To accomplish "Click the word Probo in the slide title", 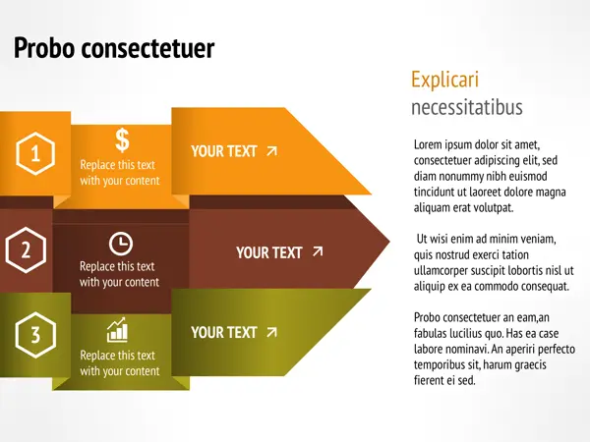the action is pos(44,48).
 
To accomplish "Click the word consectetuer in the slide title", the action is pos(147,49).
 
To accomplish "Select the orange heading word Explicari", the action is pos(444,80).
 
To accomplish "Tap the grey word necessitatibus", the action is pos(466,107).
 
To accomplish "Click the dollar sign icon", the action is pos(122,140).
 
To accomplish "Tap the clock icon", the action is pos(121,244).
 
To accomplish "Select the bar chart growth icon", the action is pos(117,330).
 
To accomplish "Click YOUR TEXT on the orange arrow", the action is pos(224,151).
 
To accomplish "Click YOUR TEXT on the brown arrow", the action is pos(269,253).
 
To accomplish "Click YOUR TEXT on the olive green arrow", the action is pos(224,333).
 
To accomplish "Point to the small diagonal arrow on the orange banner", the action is pos(271,151).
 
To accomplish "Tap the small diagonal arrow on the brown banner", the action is pos(318,251).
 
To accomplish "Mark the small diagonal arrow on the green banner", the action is pos(271,332).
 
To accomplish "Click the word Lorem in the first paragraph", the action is pos(428,144).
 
